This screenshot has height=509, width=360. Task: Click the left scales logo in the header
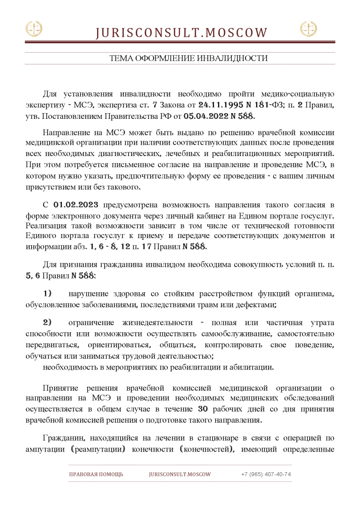coord(33,29)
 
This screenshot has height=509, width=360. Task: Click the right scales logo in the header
coord(309,29)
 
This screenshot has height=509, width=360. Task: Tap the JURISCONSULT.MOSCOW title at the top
coord(181,33)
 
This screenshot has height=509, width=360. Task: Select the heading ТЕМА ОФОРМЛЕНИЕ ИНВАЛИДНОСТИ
coord(188,58)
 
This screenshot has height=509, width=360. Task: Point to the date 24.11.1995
coord(218,104)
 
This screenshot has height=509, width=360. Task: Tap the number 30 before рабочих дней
coord(213,409)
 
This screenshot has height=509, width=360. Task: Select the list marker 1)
coord(48,294)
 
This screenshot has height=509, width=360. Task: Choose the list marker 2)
coord(48,322)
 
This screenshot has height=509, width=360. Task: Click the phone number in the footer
coord(266,474)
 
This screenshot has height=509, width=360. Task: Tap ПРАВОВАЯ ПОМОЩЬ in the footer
coord(96,474)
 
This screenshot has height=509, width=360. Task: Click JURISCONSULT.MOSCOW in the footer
coord(180,474)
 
